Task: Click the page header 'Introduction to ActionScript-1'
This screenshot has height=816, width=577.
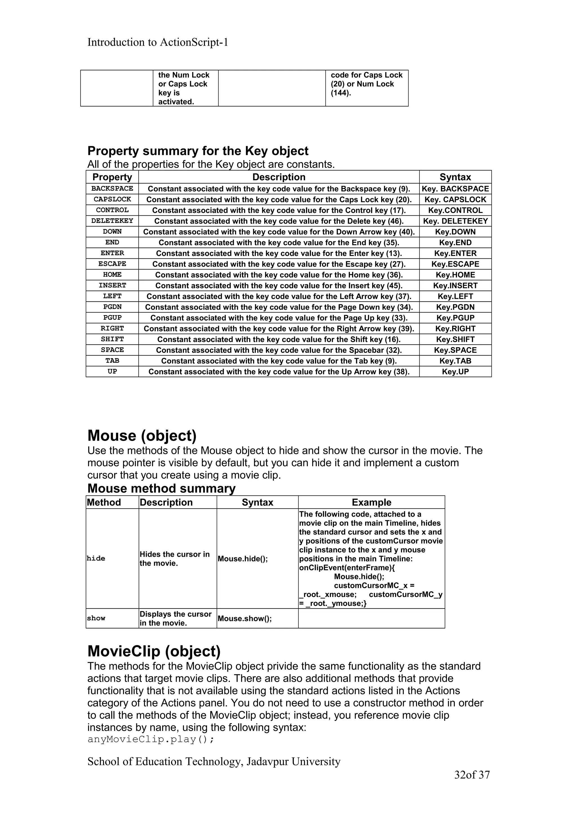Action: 157,42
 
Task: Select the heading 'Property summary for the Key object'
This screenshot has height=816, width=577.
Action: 198,151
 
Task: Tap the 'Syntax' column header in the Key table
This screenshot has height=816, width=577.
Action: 455,177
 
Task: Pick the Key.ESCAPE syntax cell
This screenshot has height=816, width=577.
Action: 455,264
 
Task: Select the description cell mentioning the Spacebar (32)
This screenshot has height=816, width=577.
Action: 279,350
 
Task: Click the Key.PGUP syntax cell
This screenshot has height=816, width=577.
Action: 455,318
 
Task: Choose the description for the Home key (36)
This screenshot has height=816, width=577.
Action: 279,275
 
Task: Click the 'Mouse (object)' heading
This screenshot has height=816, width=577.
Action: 142,436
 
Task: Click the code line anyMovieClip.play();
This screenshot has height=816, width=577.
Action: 151,740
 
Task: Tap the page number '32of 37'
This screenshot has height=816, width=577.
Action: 472,775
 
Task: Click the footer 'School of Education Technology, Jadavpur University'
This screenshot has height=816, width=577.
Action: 214,761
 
